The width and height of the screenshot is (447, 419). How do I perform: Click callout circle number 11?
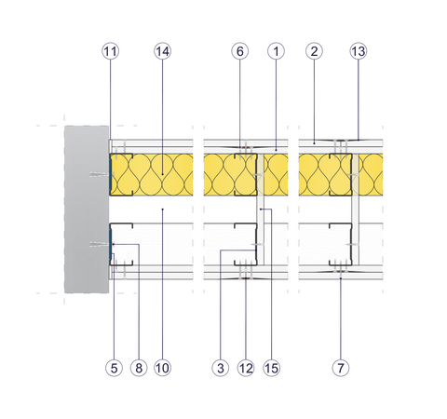pyautogui.click(x=110, y=51)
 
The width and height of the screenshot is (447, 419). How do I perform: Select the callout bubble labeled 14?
pyautogui.click(x=162, y=51)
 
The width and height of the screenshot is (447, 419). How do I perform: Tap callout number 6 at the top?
pyautogui.click(x=240, y=51)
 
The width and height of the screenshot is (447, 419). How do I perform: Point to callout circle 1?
pyautogui.click(x=276, y=51)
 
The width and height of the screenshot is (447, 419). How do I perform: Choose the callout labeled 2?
pyautogui.click(x=314, y=51)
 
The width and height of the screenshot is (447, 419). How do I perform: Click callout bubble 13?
pyautogui.click(x=359, y=51)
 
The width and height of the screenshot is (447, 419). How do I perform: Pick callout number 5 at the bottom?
pyautogui.click(x=114, y=368)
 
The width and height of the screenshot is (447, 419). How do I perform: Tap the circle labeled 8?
pyautogui.click(x=139, y=368)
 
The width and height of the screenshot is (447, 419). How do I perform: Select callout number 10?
pyautogui.click(x=162, y=368)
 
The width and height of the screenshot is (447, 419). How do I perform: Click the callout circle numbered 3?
pyautogui.click(x=221, y=368)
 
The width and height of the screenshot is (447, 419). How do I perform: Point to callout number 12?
pyautogui.click(x=246, y=368)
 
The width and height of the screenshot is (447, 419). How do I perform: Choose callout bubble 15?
pyautogui.click(x=272, y=368)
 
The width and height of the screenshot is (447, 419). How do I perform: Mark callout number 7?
pyautogui.click(x=341, y=368)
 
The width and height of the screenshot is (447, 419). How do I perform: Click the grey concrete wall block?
pyautogui.click(x=87, y=209)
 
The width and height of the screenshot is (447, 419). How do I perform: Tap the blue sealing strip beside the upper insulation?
pyautogui.click(x=111, y=174)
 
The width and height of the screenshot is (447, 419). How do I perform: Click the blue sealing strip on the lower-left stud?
pyautogui.click(x=111, y=244)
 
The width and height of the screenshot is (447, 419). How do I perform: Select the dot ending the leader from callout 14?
pyautogui.click(x=162, y=174)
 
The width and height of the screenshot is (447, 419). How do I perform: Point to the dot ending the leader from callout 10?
pyautogui.click(x=162, y=209)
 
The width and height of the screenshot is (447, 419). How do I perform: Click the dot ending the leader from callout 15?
pyautogui.click(x=261, y=209)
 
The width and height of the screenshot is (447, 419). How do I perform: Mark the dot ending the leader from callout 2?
pyautogui.click(x=314, y=143)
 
